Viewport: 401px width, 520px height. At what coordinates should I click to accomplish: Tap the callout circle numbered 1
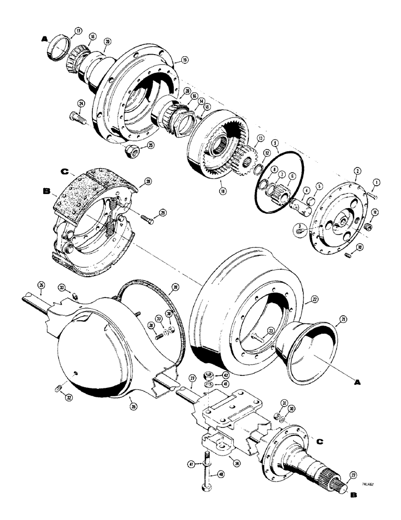point(377,182)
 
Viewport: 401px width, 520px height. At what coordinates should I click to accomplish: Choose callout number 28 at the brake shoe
point(148,181)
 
